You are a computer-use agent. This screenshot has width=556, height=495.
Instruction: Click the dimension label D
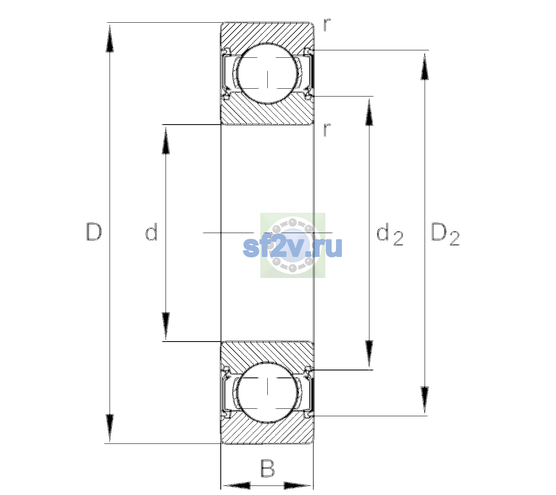coord(94,232)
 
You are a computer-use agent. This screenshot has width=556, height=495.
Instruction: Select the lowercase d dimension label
coord(151,232)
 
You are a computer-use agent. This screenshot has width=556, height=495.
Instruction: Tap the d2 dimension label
coord(390,234)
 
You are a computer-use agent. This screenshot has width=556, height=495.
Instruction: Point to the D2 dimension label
coord(445,234)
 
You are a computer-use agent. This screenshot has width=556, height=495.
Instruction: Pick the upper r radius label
coord(327,25)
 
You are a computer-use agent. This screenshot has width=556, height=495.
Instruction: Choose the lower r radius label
coord(327,130)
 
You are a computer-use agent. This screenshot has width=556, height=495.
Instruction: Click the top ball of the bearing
coord(267,73)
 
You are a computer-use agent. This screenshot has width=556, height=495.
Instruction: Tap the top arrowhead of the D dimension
coord(110,38)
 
